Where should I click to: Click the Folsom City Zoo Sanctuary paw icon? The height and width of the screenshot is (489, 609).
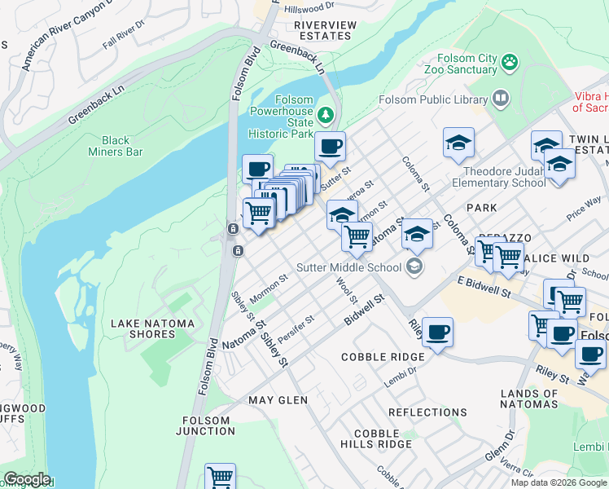(x=510, y=62)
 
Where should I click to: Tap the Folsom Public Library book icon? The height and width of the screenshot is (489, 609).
(x=501, y=99)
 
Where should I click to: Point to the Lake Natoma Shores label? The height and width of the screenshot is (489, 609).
(x=153, y=329)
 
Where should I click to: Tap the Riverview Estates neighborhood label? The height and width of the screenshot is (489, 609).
(x=325, y=30)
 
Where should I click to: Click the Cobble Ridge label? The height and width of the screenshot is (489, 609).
(x=383, y=357)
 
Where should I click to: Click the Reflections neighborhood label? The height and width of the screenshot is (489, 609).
(x=427, y=413)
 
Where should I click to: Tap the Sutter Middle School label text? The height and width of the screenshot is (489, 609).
(x=348, y=267)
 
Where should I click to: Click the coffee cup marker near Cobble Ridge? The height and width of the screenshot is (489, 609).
(x=437, y=332)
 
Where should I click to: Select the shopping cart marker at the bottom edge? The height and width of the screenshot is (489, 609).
(x=220, y=478)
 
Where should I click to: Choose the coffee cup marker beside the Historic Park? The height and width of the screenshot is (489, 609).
(x=330, y=147)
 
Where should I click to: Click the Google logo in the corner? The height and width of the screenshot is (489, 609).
(x=26, y=479)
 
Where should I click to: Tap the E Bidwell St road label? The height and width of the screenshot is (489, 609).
(x=484, y=286)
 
